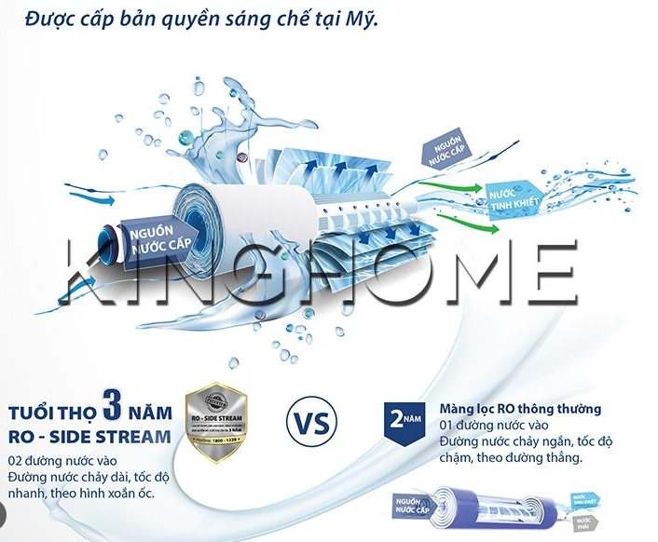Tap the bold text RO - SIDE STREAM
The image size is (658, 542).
89,436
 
